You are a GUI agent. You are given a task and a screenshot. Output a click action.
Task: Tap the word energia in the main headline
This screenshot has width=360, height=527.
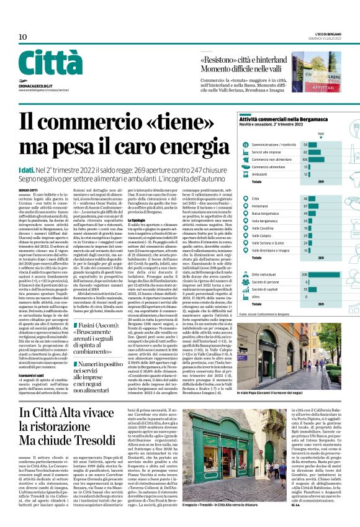coord(168,146)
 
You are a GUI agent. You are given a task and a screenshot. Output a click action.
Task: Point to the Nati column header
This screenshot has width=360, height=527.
coord(321,133)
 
